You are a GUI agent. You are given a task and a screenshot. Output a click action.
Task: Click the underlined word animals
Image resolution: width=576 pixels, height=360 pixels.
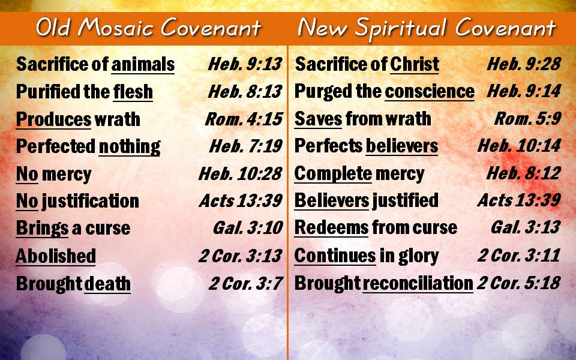click(x=143, y=64)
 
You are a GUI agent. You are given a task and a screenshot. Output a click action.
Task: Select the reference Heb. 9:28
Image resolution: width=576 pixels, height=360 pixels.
click(x=524, y=64)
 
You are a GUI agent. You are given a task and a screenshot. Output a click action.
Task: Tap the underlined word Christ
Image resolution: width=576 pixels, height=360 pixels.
click(x=415, y=64)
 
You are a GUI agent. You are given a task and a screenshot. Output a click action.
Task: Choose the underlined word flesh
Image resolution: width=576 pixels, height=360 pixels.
click(x=133, y=91)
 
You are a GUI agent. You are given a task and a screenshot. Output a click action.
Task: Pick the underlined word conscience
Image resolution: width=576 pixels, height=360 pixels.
click(x=430, y=91)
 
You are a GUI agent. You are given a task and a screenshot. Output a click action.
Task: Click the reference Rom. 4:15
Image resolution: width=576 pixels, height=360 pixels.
click(x=244, y=119)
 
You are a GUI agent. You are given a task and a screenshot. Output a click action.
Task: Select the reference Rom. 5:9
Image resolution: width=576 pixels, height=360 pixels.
click(x=527, y=118)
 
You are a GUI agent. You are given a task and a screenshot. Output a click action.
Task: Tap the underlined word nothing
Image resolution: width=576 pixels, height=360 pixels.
click(x=130, y=146)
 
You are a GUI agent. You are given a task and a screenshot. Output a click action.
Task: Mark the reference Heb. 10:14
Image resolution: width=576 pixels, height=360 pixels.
click(x=519, y=146)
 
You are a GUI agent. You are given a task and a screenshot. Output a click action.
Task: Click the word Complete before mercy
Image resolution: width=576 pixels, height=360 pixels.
click(x=333, y=174)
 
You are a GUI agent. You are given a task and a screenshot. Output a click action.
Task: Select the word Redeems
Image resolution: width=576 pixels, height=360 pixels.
click(x=331, y=228)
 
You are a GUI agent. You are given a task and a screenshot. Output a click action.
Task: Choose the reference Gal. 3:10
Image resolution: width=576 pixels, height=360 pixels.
click(x=248, y=228)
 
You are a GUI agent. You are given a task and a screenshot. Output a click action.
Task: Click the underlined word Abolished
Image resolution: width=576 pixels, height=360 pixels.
click(x=56, y=256)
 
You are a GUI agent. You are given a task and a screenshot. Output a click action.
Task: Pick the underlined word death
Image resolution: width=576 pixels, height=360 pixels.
click(x=107, y=284)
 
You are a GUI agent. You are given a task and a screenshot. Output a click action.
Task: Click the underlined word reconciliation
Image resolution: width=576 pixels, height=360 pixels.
click(x=418, y=284)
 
